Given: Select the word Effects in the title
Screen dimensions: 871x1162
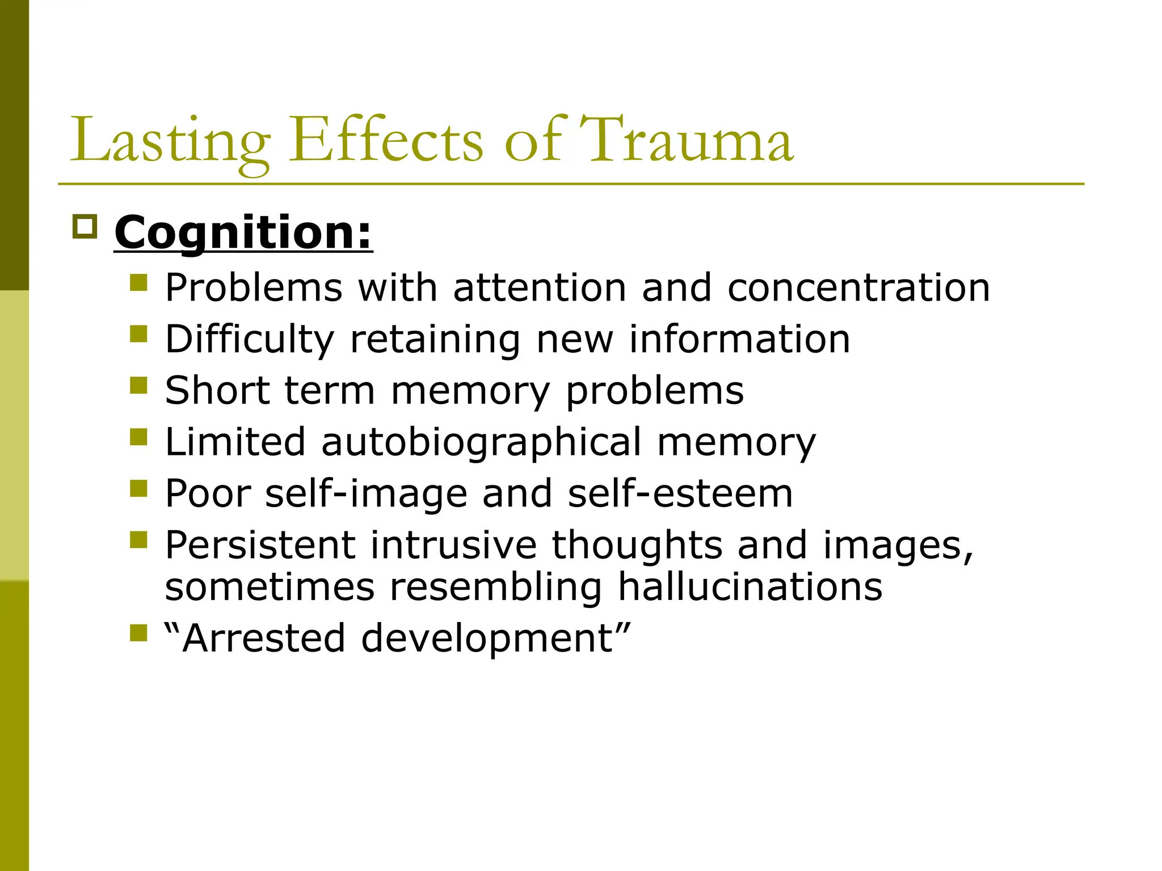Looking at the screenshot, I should pos(386,140).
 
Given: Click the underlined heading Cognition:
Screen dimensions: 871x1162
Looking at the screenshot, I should pos(243,232).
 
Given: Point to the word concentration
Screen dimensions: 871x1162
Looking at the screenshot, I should pos(858,287).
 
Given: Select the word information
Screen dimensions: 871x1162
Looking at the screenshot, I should pos(739,339).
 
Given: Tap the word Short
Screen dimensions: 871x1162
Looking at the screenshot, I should pos(217,391).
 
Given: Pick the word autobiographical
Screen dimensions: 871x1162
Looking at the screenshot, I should pos(481,442).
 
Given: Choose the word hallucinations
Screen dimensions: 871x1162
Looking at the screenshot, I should pos(750,586).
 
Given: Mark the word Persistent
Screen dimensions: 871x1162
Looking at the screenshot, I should pos(260,545).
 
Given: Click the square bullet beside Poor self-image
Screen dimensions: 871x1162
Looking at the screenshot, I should pos(138,488).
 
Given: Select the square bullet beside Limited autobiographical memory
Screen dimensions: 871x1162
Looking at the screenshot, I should pos(138,437).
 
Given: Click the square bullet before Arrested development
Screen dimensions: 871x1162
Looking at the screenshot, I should pos(138,633).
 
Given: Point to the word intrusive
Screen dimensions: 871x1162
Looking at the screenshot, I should pos(453,545).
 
